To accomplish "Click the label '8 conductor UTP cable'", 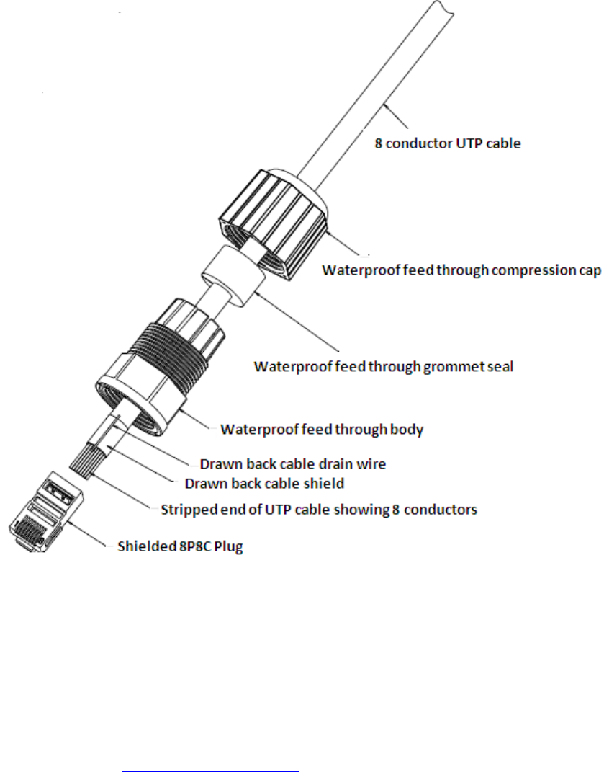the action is coord(447,143).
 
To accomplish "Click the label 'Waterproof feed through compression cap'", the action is coord(461,271).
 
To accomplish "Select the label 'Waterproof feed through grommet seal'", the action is coord(384,365).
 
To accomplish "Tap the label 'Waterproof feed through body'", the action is coord(322,430).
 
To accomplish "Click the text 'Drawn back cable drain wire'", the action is coord(292,464).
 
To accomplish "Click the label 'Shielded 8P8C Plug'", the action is coord(181,547).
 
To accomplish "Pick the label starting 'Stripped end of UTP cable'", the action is coord(317,510).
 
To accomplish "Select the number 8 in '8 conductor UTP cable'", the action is coord(378,143).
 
